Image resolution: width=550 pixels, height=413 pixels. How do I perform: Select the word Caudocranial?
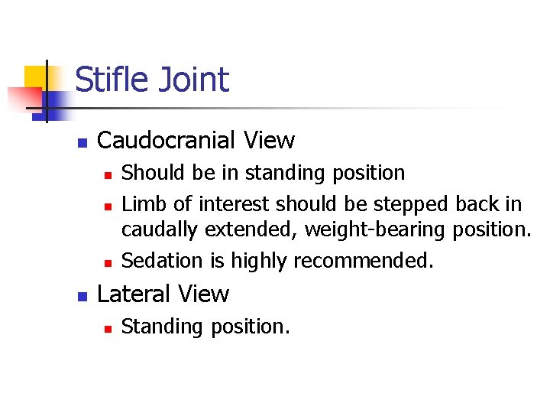click(x=167, y=141)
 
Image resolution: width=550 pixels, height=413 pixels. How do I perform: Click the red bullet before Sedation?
click(x=108, y=262)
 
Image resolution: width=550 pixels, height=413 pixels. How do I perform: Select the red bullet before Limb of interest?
click(x=108, y=206)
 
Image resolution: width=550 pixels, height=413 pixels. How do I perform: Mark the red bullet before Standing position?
click(x=108, y=328)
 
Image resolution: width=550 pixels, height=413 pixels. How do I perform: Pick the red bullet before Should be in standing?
click(x=108, y=174)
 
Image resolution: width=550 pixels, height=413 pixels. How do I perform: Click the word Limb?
click(x=141, y=204)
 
